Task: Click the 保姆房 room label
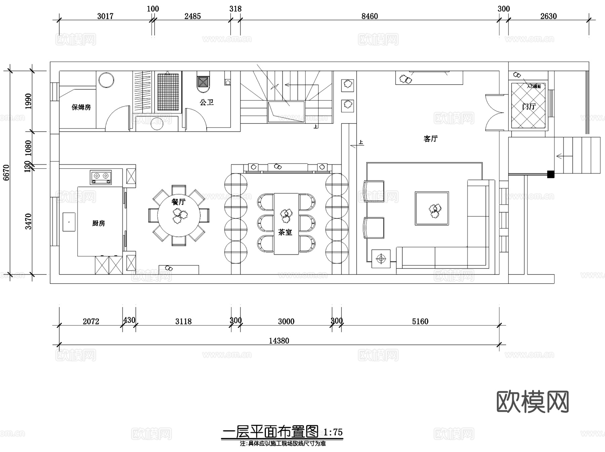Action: tap(81, 107)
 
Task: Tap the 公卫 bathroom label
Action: tap(206, 102)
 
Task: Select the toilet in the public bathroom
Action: tap(203, 82)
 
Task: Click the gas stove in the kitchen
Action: tap(101, 177)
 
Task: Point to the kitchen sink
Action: tap(69, 222)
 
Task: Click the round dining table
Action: tap(178, 215)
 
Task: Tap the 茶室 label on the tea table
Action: tap(285, 232)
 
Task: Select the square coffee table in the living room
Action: tap(432, 208)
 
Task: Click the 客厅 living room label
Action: tap(431, 139)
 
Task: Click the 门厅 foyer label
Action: tap(528, 107)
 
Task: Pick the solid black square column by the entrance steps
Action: tap(551, 174)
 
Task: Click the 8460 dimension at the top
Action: tap(369, 16)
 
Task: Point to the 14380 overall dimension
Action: tap(279, 341)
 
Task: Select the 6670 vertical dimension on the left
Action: tap(6, 172)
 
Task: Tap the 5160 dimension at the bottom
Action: tap(420, 321)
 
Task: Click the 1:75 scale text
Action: tap(333, 432)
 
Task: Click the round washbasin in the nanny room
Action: tap(106, 80)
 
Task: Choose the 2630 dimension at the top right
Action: tap(548, 16)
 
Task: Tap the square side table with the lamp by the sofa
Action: tap(381, 259)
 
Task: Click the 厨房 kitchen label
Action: tap(98, 223)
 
